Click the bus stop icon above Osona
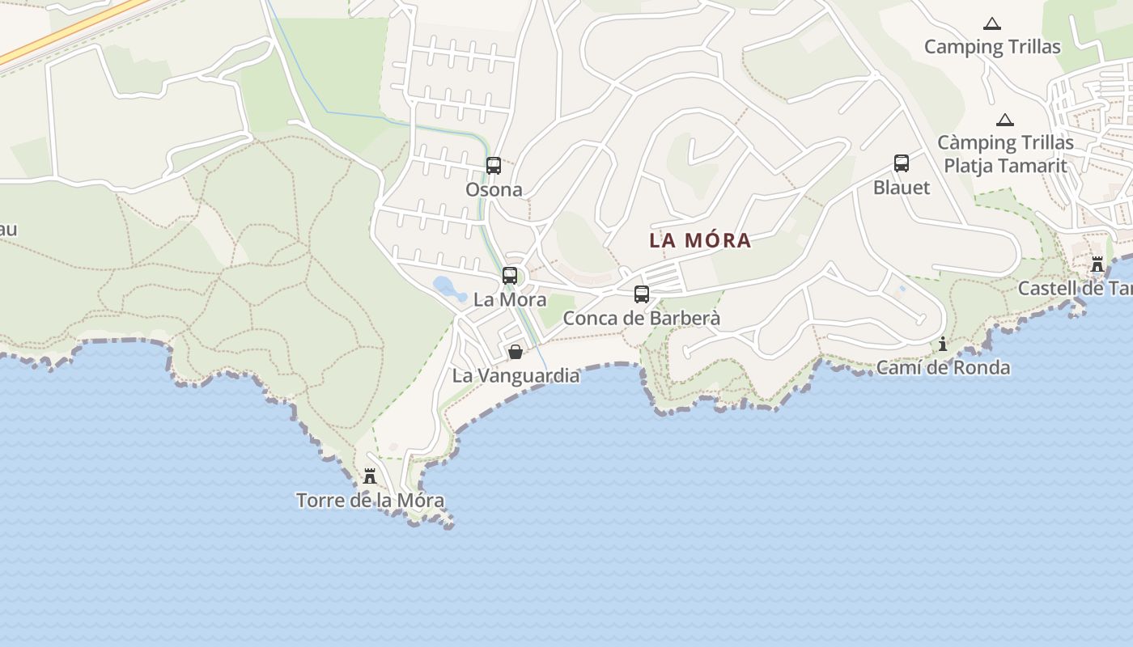click(x=494, y=166)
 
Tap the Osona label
click(x=494, y=190)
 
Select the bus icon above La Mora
click(x=510, y=276)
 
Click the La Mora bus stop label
click(x=510, y=300)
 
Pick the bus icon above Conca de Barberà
click(x=642, y=294)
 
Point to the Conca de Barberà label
click(x=642, y=319)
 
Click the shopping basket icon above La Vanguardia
click(x=516, y=352)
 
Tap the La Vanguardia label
click(x=516, y=376)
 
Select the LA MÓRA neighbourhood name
click(x=700, y=241)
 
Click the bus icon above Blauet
click(x=902, y=163)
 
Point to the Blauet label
click(x=902, y=188)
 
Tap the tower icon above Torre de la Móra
click(x=370, y=476)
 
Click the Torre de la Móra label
click(x=370, y=501)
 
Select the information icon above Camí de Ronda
click(x=943, y=345)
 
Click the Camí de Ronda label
click(x=943, y=368)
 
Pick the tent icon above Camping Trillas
click(x=991, y=24)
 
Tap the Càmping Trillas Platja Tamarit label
click(x=1005, y=154)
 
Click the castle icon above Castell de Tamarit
click(x=1097, y=264)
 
